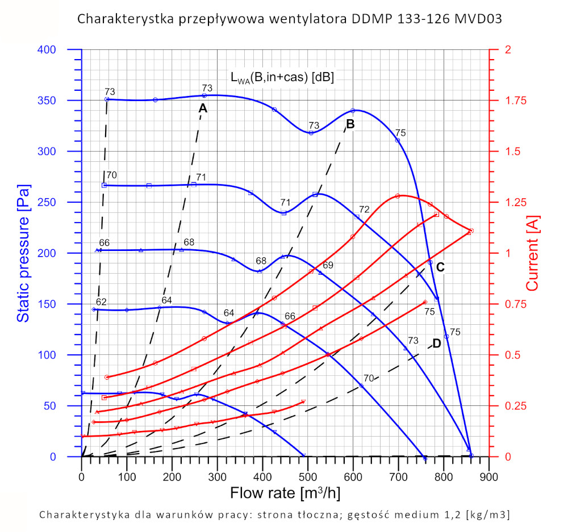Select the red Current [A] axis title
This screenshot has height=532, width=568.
(533, 253)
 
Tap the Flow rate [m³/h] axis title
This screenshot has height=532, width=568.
(285, 492)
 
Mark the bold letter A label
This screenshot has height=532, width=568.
(203, 108)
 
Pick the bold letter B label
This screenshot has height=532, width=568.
(350, 124)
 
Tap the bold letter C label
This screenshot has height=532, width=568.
(440, 267)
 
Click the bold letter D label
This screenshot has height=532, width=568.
(436, 344)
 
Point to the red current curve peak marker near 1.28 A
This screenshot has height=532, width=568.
(398, 196)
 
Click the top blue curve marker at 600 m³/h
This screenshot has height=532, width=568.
(353, 110)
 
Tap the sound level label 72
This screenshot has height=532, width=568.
(364, 210)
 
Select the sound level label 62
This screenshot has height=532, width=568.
(101, 301)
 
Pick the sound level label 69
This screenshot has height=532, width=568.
(328, 265)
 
